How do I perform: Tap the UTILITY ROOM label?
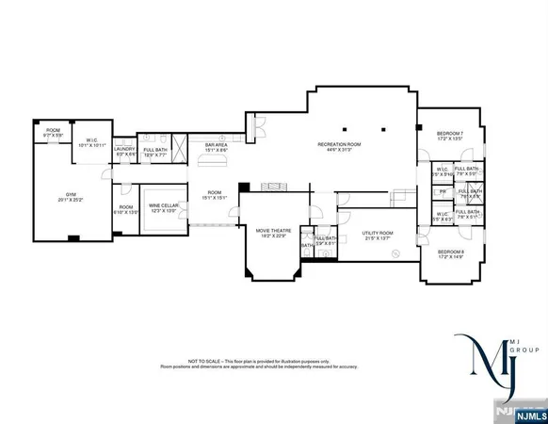(378, 232)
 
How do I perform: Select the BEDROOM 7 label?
(450, 134)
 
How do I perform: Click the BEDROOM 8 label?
(450, 252)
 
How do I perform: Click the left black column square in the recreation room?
(345, 128)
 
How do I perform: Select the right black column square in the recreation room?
(383, 128)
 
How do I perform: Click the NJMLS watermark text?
(527, 412)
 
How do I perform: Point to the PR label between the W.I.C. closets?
(443, 191)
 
